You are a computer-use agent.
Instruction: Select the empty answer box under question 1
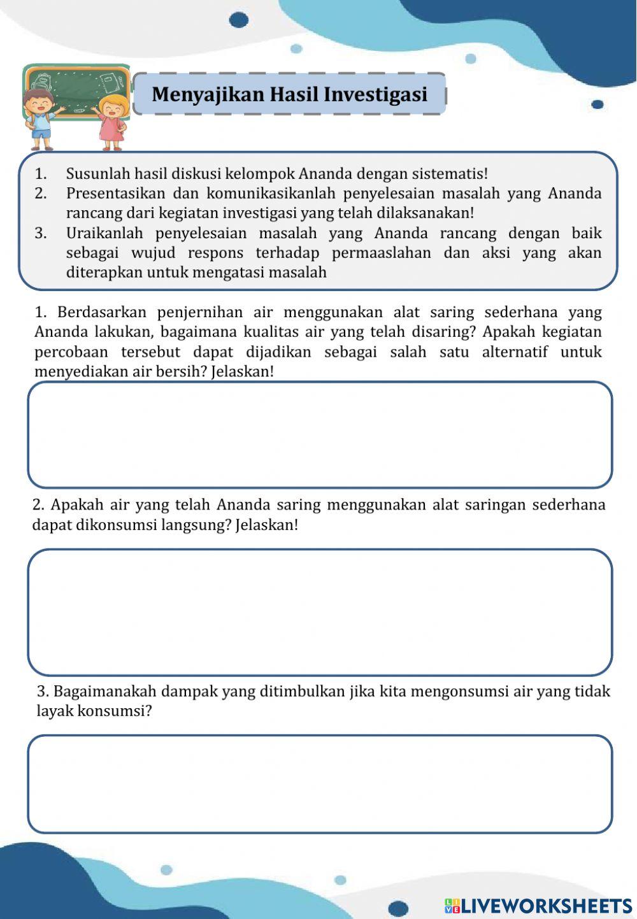coord(320,435)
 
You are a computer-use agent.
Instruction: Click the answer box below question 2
coord(320,612)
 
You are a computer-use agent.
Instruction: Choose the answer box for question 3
coord(320,784)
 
